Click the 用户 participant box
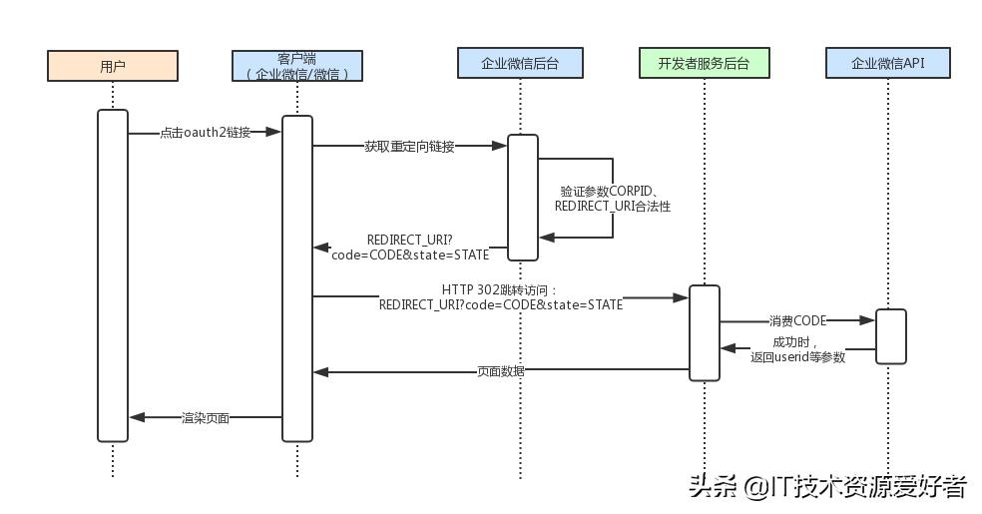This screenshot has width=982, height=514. (x=113, y=66)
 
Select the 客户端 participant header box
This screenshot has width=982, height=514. (x=297, y=65)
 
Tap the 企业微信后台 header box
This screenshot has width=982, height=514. (x=520, y=63)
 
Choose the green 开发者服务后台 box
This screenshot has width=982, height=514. (x=704, y=63)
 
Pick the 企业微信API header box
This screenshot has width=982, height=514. (x=887, y=63)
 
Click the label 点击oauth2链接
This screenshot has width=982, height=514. (x=205, y=133)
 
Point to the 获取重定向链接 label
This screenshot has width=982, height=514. (x=409, y=147)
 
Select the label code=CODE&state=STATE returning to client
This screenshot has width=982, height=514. (x=410, y=255)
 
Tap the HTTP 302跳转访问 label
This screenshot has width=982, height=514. (x=500, y=289)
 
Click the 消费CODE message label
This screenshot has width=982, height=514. (x=797, y=321)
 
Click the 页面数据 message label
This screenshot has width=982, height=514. (x=501, y=371)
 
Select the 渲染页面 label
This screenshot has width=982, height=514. (x=206, y=418)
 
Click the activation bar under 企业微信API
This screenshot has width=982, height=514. (x=890, y=336)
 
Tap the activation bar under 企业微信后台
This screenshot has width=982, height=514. (x=523, y=197)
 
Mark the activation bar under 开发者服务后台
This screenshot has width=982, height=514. (x=704, y=332)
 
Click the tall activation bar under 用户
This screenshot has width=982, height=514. (x=113, y=274)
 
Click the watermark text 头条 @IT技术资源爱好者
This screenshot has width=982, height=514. (x=826, y=486)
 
